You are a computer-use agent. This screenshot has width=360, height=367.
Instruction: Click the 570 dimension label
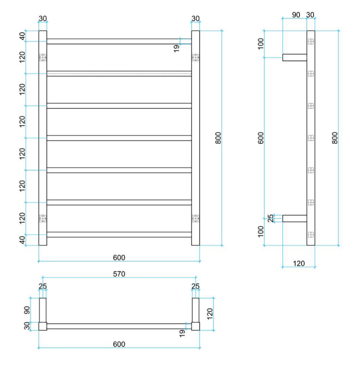(x=119, y=274)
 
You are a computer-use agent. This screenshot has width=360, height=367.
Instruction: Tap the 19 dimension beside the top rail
(x=177, y=48)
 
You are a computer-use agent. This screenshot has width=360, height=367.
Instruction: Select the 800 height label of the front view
(x=218, y=138)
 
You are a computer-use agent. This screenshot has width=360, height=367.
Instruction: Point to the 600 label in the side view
(x=260, y=138)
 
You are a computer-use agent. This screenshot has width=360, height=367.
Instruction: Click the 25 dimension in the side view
(x=271, y=218)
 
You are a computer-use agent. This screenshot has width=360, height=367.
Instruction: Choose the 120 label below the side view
(x=299, y=264)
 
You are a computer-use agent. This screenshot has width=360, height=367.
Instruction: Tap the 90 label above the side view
(x=296, y=15)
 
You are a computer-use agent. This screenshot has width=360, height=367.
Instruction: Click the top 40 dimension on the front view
(x=22, y=36)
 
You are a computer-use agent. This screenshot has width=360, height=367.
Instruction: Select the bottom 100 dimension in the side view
(x=260, y=232)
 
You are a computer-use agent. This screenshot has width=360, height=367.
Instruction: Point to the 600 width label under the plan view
(x=119, y=344)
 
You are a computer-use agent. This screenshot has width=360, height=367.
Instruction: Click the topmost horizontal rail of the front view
(x=119, y=41)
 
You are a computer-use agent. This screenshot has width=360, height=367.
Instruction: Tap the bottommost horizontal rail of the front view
(x=119, y=235)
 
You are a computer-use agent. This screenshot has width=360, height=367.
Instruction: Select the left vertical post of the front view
(x=43, y=138)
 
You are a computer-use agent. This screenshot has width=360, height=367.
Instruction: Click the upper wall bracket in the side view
(x=295, y=57)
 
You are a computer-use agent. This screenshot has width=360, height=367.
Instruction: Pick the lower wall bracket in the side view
(x=295, y=218)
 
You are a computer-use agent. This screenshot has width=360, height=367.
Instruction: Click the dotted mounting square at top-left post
(x=43, y=57)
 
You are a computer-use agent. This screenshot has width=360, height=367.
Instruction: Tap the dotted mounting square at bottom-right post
(x=196, y=219)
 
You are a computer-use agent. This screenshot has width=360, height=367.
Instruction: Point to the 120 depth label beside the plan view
(x=210, y=314)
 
